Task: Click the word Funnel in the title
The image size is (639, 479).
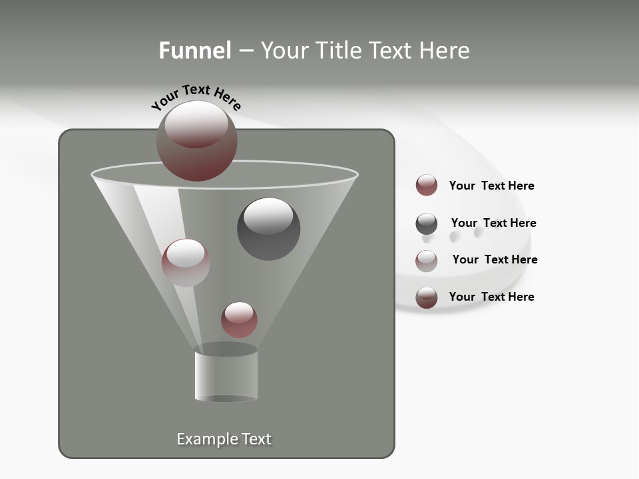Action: [x=194, y=51]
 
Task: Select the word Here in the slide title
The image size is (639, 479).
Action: [x=447, y=51]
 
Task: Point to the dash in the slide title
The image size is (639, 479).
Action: [x=246, y=51]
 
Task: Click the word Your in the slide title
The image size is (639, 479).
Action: [x=284, y=51]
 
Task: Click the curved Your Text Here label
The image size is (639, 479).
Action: [x=196, y=96]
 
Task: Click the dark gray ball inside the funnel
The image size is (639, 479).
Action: [x=268, y=230]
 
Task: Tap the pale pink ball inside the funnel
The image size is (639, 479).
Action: [x=186, y=263]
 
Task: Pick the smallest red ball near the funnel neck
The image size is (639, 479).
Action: [x=239, y=319]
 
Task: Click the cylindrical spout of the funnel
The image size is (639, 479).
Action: [x=226, y=376]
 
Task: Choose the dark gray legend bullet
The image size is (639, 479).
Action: [x=427, y=224]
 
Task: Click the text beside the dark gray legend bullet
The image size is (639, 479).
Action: [x=493, y=223]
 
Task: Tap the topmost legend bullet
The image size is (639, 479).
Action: [x=427, y=186]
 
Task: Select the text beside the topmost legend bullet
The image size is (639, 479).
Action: [x=491, y=186]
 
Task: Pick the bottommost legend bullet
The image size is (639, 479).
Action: [x=427, y=298]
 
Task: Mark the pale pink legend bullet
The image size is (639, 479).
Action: [x=427, y=261]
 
